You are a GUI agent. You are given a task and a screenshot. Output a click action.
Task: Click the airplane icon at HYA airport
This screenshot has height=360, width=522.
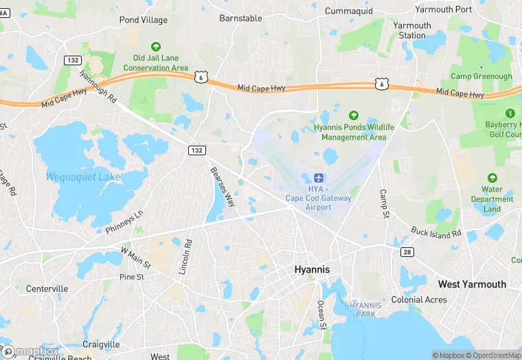pos(319,178)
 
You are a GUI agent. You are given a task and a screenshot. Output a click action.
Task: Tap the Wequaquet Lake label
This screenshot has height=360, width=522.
pos(83,177)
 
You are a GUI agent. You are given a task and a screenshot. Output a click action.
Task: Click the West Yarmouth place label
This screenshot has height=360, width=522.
pos(472,284)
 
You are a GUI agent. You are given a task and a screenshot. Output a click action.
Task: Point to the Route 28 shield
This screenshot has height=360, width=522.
pos(407,252)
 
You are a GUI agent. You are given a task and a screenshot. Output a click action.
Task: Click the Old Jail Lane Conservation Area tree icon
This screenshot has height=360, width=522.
pos(156,47)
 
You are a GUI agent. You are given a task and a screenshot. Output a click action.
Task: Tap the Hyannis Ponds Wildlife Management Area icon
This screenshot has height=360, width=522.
pos(354,115)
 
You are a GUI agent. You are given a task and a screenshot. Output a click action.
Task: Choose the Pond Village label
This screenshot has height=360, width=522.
pos(143,20)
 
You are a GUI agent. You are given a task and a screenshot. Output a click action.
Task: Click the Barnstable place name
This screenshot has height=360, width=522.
pos(240,19)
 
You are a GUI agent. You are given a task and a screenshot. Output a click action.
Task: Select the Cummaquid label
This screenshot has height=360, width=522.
pos(348,12)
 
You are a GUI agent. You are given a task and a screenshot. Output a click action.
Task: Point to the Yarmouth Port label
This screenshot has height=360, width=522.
pos(444,10)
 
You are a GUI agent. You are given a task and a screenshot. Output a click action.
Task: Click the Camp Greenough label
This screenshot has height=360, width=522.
pos(481,76)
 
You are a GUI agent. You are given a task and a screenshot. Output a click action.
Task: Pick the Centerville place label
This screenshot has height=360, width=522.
pos(47,289)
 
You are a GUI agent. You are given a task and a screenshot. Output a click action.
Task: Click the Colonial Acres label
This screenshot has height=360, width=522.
pos(419,300)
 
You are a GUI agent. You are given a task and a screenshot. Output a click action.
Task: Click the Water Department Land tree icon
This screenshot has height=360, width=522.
pos(492,178)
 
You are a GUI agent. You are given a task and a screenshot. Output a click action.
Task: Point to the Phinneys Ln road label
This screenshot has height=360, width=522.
pos(124,221)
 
